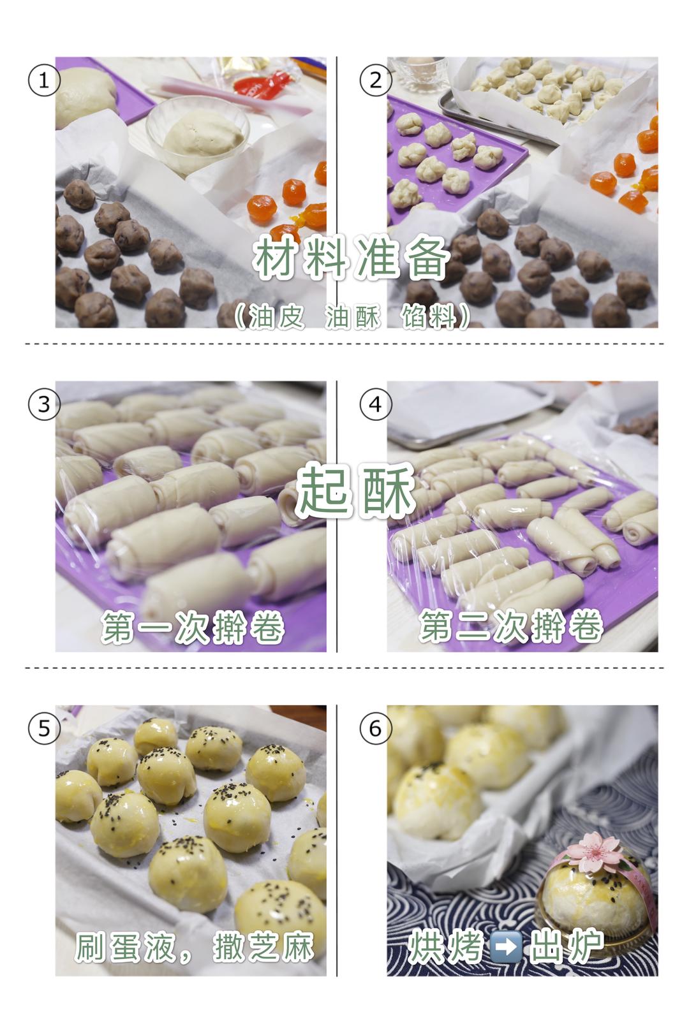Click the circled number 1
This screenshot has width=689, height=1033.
click(44, 81)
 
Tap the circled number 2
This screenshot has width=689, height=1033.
click(375, 81)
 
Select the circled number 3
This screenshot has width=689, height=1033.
click(44, 404)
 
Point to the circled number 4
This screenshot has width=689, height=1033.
click(375, 404)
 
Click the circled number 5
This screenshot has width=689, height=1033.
click(44, 729)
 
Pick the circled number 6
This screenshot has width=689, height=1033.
click(375, 729)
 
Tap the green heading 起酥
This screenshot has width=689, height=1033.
click(355, 490)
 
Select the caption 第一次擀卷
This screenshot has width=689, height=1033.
click(193, 627)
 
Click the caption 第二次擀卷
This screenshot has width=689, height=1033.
click(512, 627)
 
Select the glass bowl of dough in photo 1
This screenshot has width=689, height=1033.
click(198, 134)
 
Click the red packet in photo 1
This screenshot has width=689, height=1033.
click(262, 83)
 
